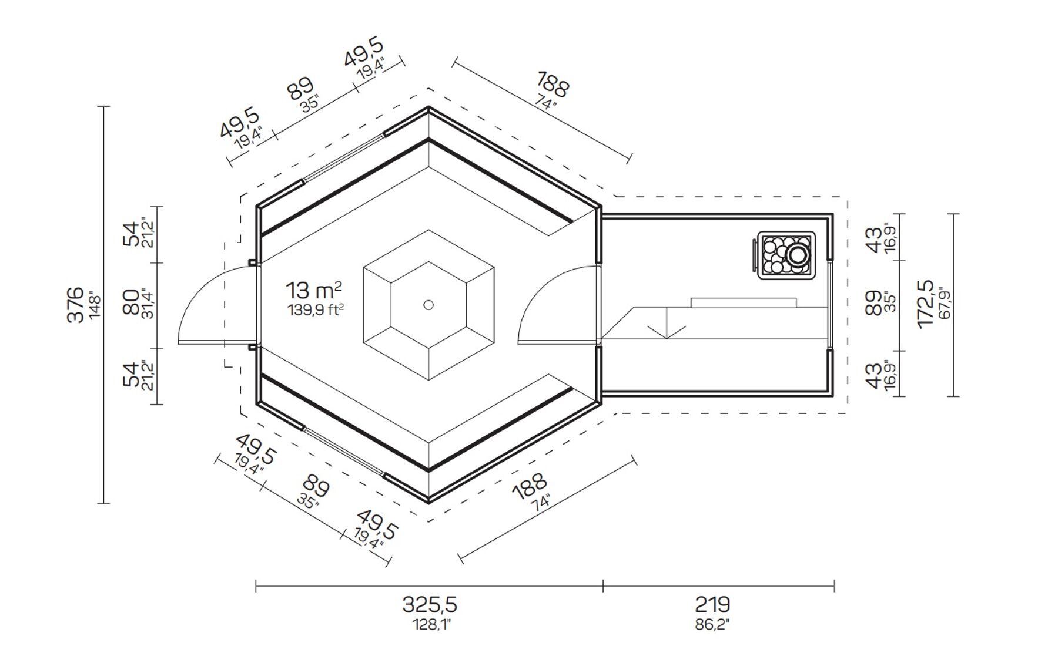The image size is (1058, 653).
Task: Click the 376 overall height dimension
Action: (75, 305)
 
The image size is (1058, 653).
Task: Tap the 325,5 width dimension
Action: (429, 604)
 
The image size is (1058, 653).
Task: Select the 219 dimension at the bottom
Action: (712, 604)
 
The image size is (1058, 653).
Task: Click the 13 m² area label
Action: (314, 290)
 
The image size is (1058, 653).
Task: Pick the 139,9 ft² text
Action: (315, 309)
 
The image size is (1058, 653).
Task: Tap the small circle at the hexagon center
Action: (428, 305)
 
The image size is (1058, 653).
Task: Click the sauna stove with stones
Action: (784, 255)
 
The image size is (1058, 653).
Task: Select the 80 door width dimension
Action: (131, 302)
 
